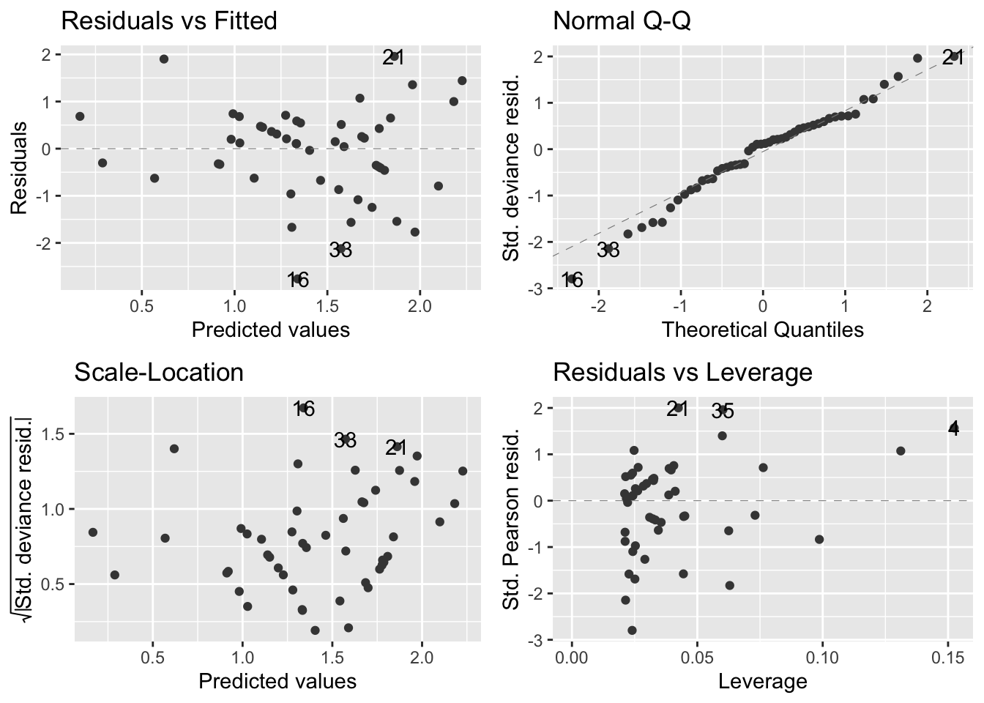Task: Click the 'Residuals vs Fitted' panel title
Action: tap(168, 21)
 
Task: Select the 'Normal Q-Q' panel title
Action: tap(622, 21)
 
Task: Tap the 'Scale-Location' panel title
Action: tap(159, 372)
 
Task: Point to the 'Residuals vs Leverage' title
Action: tap(682, 372)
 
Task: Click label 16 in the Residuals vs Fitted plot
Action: tap(298, 279)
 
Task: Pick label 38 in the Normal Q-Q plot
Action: tap(608, 250)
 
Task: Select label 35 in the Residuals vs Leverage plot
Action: tap(723, 412)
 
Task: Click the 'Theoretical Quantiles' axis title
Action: tap(762, 330)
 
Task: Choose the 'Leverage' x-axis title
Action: tap(762, 682)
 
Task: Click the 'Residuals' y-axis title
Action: tap(19, 167)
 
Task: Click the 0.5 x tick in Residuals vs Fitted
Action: tap(141, 305)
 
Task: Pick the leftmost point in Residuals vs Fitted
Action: tap(80, 116)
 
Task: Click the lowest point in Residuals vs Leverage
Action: tap(632, 630)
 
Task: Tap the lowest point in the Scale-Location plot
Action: tap(315, 630)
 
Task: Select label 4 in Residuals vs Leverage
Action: tap(953, 428)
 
